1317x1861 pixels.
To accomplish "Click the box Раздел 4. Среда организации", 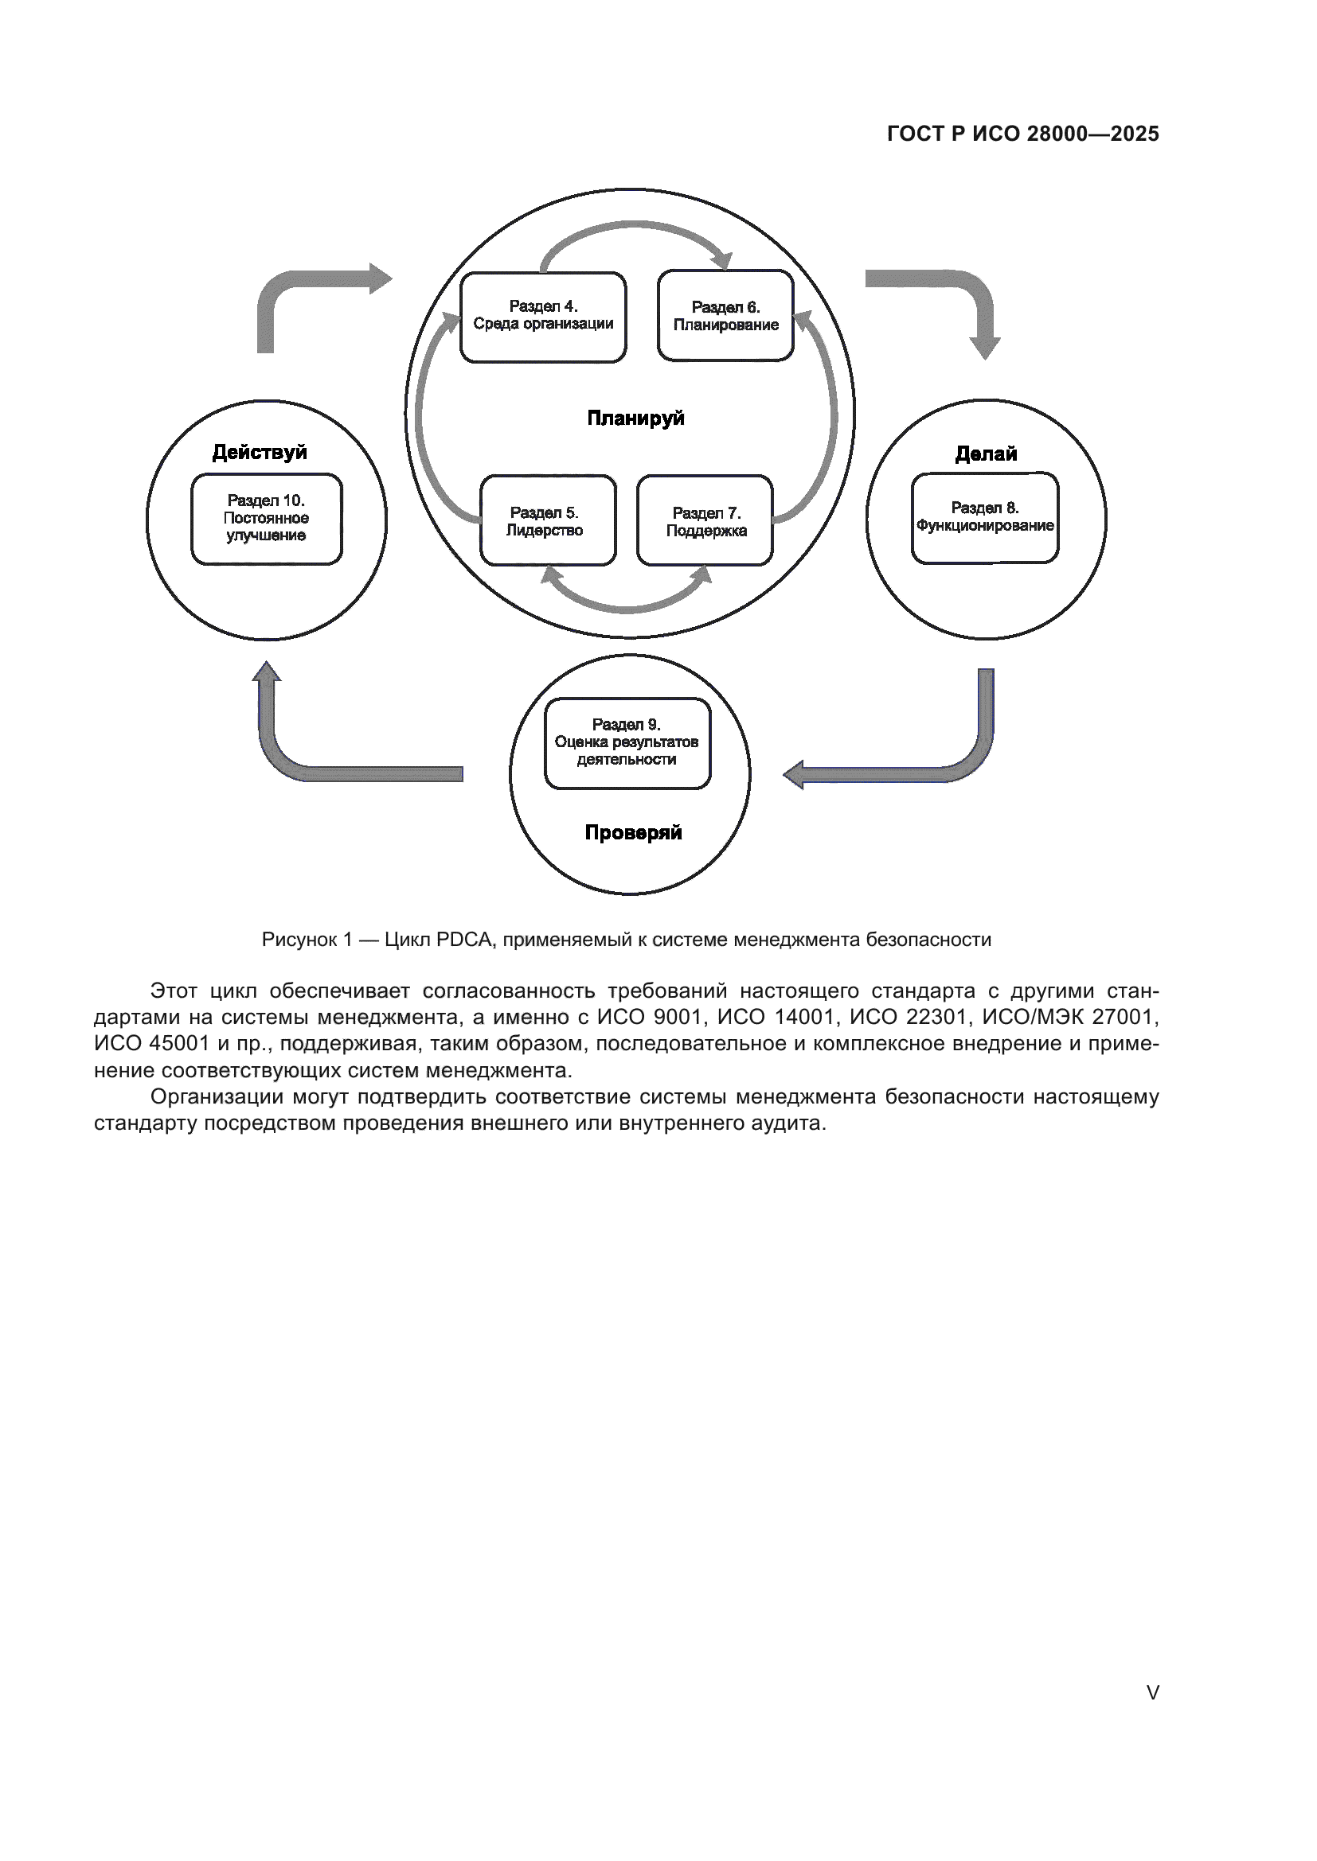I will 542,316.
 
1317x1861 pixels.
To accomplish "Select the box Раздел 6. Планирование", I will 725,316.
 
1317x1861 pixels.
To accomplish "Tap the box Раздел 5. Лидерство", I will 547,520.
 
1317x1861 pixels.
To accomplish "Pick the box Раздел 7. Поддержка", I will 705,521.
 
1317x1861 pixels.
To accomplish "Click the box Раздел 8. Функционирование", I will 984,517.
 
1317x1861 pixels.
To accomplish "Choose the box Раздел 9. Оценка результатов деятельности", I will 627,742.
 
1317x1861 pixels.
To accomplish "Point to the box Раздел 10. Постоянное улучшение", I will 266,519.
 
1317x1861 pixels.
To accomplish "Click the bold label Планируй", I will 635,419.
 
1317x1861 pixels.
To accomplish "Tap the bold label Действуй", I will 260,452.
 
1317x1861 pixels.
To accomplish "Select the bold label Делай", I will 985,454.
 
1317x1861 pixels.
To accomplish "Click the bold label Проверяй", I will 632,832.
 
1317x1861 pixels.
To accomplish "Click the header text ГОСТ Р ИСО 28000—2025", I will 1022,134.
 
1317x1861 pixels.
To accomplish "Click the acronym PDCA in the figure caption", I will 464,940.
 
